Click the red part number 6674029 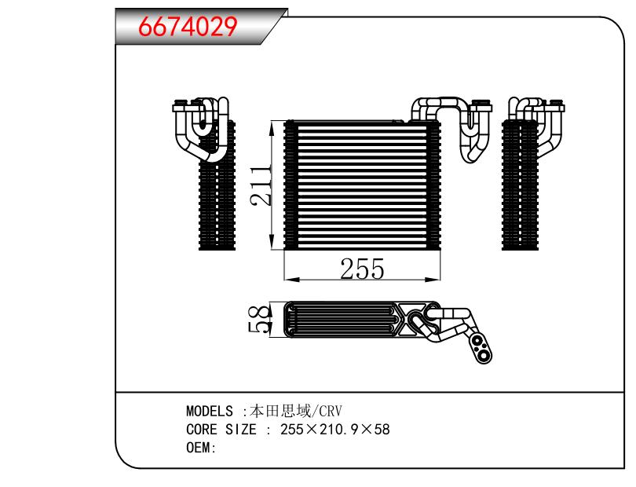[x=188, y=27]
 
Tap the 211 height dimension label [x=261, y=185]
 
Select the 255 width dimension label [x=362, y=269]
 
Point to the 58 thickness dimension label [x=259, y=320]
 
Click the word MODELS [x=210, y=411]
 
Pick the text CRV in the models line [x=331, y=411]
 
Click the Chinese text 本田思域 [x=280, y=411]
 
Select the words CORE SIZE [x=221, y=430]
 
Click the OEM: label [x=201, y=448]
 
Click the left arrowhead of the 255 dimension [x=292, y=279]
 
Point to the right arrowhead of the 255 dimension [x=433, y=279]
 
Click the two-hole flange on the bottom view [x=481, y=349]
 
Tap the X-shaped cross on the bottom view [x=407, y=319]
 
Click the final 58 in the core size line [x=382, y=430]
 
